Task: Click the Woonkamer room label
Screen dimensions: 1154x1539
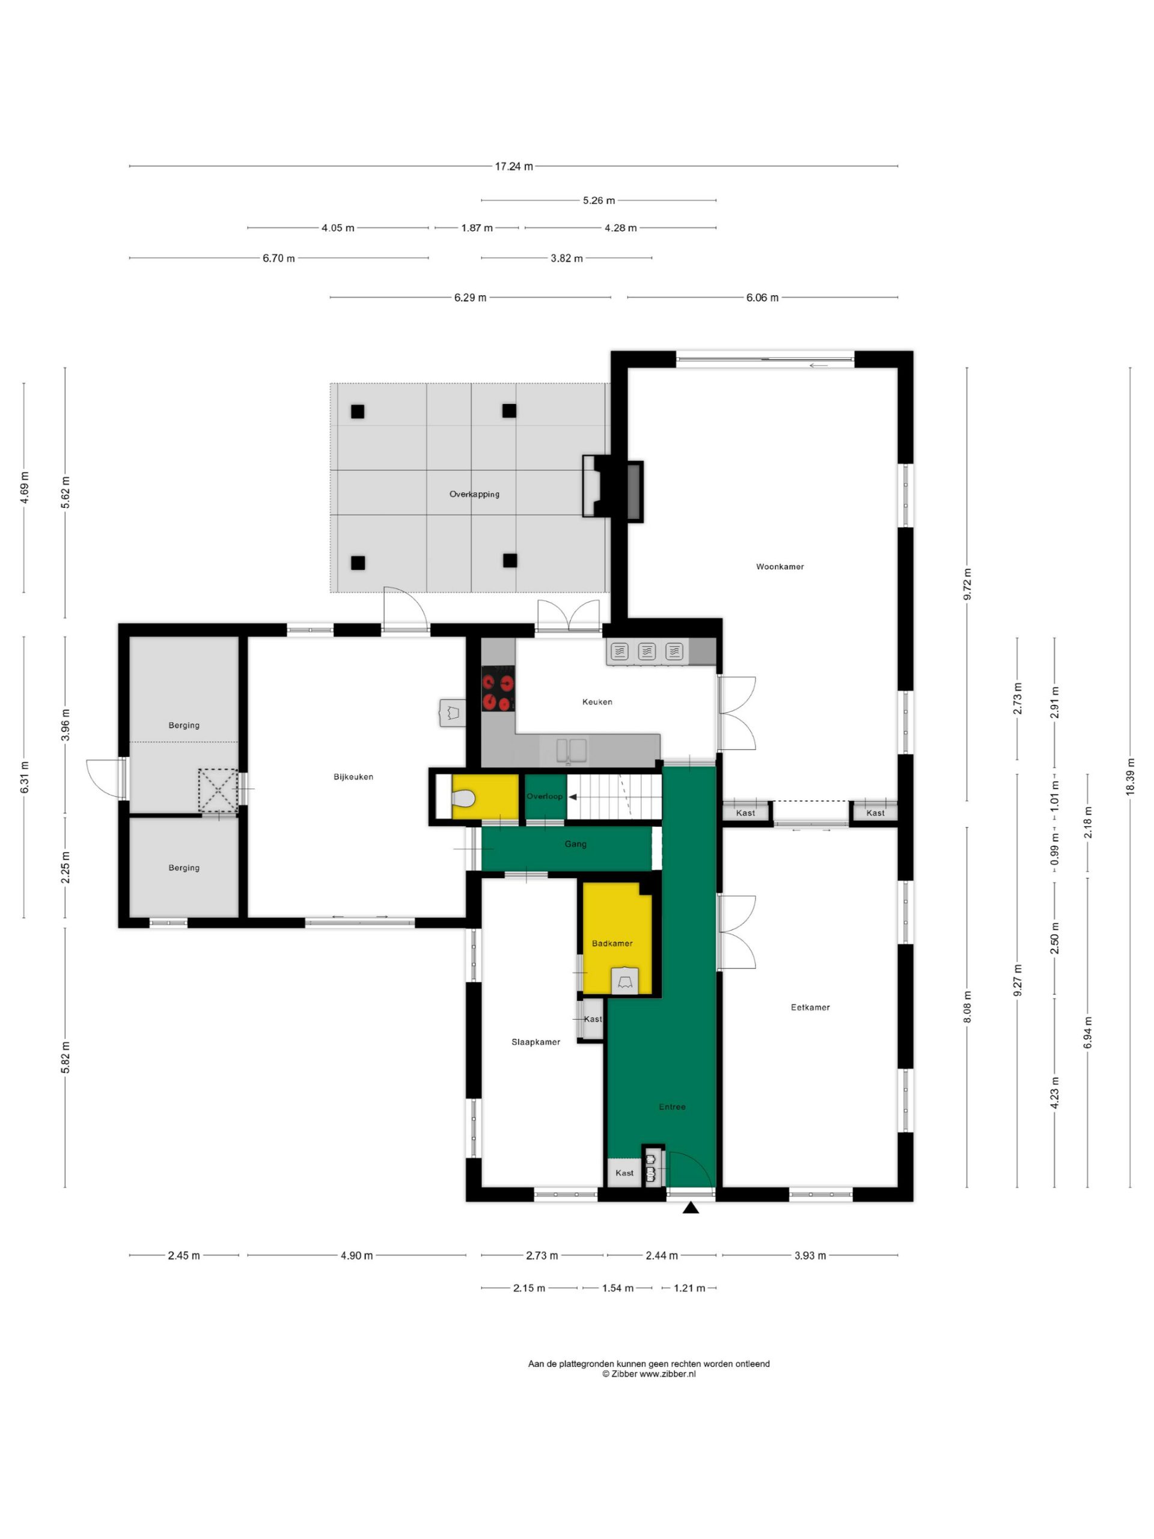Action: click(x=779, y=566)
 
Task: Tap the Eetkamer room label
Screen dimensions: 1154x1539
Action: click(x=810, y=1007)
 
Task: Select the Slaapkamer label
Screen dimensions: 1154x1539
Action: click(x=535, y=1042)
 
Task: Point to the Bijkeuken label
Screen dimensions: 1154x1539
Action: click(x=353, y=777)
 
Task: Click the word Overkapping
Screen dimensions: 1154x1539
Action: click(x=474, y=494)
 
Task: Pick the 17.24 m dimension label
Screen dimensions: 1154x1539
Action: click(x=514, y=167)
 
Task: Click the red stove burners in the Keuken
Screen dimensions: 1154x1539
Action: click(x=498, y=689)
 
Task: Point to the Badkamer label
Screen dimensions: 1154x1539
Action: click(x=612, y=943)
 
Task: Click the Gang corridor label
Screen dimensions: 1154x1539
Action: click(x=575, y=844)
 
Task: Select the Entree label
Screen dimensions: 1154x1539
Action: click(x=672, y=1106)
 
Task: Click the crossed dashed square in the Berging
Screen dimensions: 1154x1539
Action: click(x=218, y=790)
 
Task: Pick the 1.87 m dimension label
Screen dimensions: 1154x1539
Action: click(x=477, y=227)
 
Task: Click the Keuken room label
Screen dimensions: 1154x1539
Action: click(x=597, y=702)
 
